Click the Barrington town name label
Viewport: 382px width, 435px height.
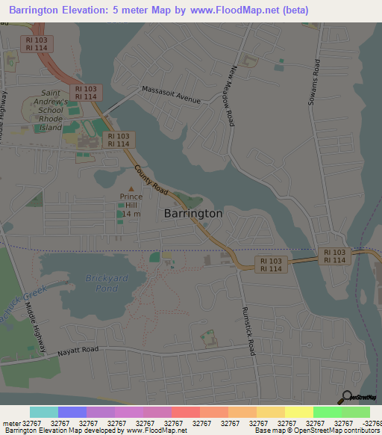click(x=192, y=213)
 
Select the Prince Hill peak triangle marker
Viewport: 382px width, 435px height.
click(x=131, y=188)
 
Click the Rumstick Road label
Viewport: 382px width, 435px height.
click(x=248, y=330)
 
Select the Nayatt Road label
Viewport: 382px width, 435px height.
click(x=78, y=349)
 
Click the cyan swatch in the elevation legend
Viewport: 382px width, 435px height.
click(x=44, y=412)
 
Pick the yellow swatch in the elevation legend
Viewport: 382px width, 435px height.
click(x=298, y=412)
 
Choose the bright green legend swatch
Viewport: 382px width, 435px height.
click(x=327, y=412)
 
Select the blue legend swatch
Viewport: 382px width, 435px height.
click(x=72, y=412)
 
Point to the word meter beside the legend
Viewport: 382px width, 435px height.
click(x=11, y=423)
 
